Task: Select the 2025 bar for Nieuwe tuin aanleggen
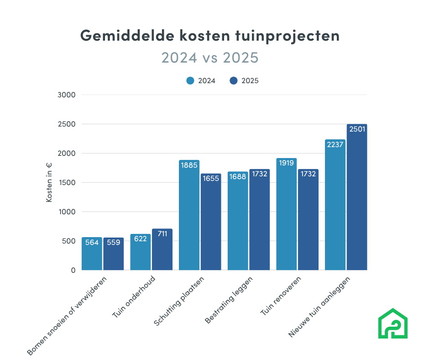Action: pyautogui.click(x=356, y=201)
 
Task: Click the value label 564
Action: pyautogui.click(x=92, y=243)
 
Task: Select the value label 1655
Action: pyautogui.click(x=210, y=179)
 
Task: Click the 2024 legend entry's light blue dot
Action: pyautogui.click(x=190, y=81)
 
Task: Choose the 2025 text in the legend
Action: pyautogui.click(x=250, y=81)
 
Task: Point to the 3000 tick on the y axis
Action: pyautogui.click(x=66, y=95)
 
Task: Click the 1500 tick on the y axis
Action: pyautogui.click(x=66, y=183)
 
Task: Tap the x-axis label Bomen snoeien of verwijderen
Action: pyautogui.click(x=68, y=315)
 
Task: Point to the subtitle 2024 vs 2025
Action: pyautogui.click(x=210, y=58)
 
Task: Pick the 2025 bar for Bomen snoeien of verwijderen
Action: pyautogui.click(x=113, y=254)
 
